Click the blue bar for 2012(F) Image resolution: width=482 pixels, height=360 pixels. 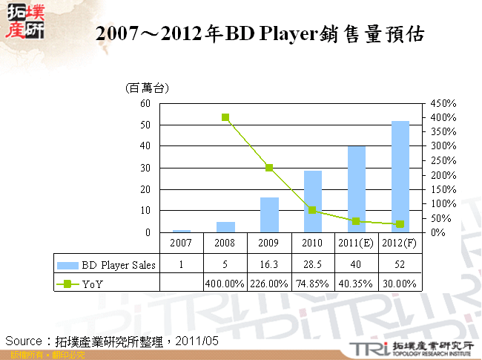click(x=400, y=177)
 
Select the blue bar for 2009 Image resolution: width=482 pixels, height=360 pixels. click(x=269, y=215)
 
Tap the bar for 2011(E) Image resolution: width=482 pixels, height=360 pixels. click(x=357, y=189)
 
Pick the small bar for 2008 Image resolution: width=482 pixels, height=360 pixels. click(x=225, y=227)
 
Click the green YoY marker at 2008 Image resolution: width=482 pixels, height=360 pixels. click(x=225, y=117)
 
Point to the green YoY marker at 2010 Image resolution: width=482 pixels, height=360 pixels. click(x=313, y=210)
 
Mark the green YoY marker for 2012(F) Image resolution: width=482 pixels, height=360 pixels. click(x=400, y=224)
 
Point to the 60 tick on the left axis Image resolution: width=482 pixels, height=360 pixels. click(x=145, y=103)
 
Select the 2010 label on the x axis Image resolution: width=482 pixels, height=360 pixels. click(x=313, y=243)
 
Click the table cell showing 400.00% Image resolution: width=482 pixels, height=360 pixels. click(x=225, y=283)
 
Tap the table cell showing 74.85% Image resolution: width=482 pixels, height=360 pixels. click(x=313, y=283)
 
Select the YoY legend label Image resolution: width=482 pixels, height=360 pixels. click(x=93, y=283)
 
